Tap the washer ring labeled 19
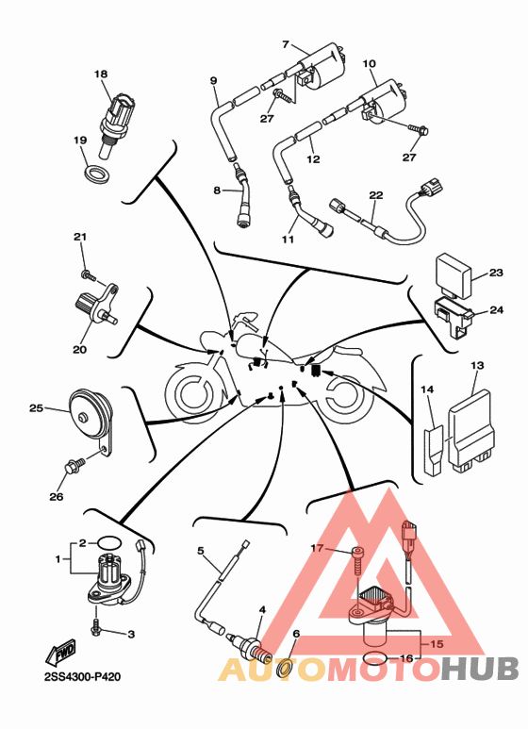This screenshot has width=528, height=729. pos(97,174)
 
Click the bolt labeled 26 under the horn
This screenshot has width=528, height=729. pos(74,465)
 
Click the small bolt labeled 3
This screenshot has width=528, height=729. pos(97,627)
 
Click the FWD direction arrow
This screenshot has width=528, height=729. pos(61,653)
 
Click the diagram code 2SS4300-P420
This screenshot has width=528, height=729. pos(83,677)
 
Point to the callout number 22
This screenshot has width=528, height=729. pos(376,195)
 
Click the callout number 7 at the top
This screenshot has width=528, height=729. pos(286,44)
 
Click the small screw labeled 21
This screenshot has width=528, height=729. pos(89,276)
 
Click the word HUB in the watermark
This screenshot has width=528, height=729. pos(480,669)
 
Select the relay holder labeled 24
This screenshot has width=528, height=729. pos(454,315)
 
